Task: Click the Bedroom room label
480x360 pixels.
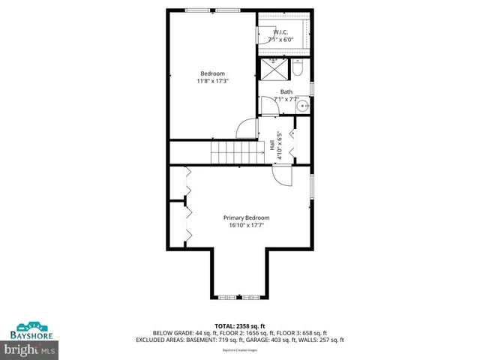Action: (212, 73)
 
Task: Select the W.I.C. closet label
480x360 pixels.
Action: (280, 32)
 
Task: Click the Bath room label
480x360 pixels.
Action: (286, 91)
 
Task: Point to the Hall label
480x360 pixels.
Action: (271, 146)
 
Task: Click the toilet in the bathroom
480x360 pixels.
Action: (298, 69)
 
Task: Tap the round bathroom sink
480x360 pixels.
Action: (304, 107)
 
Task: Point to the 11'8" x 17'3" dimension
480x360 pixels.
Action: (212, 80)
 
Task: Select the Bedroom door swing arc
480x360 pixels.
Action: (247, 129)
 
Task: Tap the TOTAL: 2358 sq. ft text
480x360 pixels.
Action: (239, 325)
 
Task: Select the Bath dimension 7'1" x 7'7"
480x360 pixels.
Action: (286, 98)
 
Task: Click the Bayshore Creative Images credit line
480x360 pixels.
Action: (239, 349)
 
